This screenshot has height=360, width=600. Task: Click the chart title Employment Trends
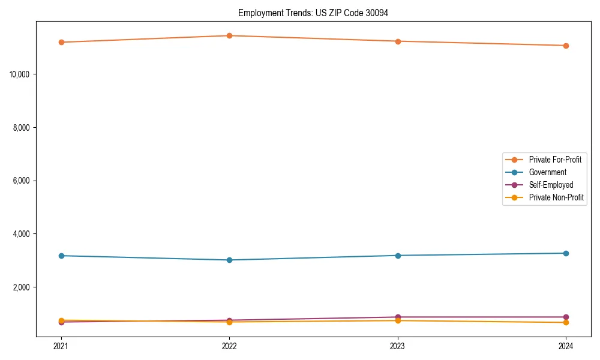coord(313,13)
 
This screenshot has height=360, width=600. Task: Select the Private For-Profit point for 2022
coord(229,35)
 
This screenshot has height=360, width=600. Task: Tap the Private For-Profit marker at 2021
coord(61,42)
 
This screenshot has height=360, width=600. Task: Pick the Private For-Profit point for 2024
coord(566,46)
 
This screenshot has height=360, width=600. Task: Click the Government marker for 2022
coord(229,260)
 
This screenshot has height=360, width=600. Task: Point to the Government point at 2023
coord(398,256)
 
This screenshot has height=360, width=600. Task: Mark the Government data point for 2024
coord(566,253)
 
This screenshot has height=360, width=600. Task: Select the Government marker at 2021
coord(61,256)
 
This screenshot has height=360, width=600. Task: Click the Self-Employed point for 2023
coord(398,317)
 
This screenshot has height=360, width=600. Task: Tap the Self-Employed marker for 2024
coord(566,317)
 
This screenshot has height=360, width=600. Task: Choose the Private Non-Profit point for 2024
coord(566,323)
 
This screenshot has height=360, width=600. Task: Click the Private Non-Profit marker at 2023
coord(398,320)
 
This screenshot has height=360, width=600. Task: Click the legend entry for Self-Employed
coord(551,185)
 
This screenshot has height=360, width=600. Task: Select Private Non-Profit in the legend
coord(556,197)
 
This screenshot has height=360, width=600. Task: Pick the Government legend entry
coord(547,172)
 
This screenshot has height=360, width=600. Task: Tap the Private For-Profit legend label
coord(555,160)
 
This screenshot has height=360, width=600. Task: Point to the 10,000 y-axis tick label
coord(22,74)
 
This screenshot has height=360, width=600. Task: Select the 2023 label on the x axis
coord(398,346)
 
